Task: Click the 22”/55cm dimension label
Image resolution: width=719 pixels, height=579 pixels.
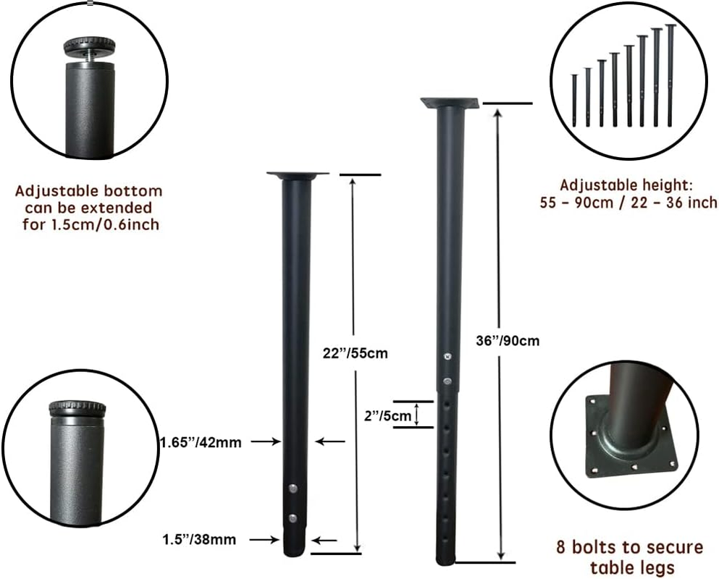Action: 356,354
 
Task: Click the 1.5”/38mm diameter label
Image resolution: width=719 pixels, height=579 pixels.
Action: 199,539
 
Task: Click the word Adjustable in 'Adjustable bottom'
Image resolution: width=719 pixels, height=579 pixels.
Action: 56,192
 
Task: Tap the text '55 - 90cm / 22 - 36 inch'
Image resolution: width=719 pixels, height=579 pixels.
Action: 628,203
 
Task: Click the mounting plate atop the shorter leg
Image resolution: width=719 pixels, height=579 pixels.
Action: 297,175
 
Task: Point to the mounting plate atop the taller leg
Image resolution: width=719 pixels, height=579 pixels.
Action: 450,103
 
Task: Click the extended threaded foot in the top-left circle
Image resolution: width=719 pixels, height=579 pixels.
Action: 91,48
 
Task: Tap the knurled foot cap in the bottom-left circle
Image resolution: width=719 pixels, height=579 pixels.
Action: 77,409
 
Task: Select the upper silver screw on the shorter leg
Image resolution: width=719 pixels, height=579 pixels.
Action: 292,489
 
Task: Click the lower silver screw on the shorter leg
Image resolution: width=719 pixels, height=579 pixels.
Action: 293,517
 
